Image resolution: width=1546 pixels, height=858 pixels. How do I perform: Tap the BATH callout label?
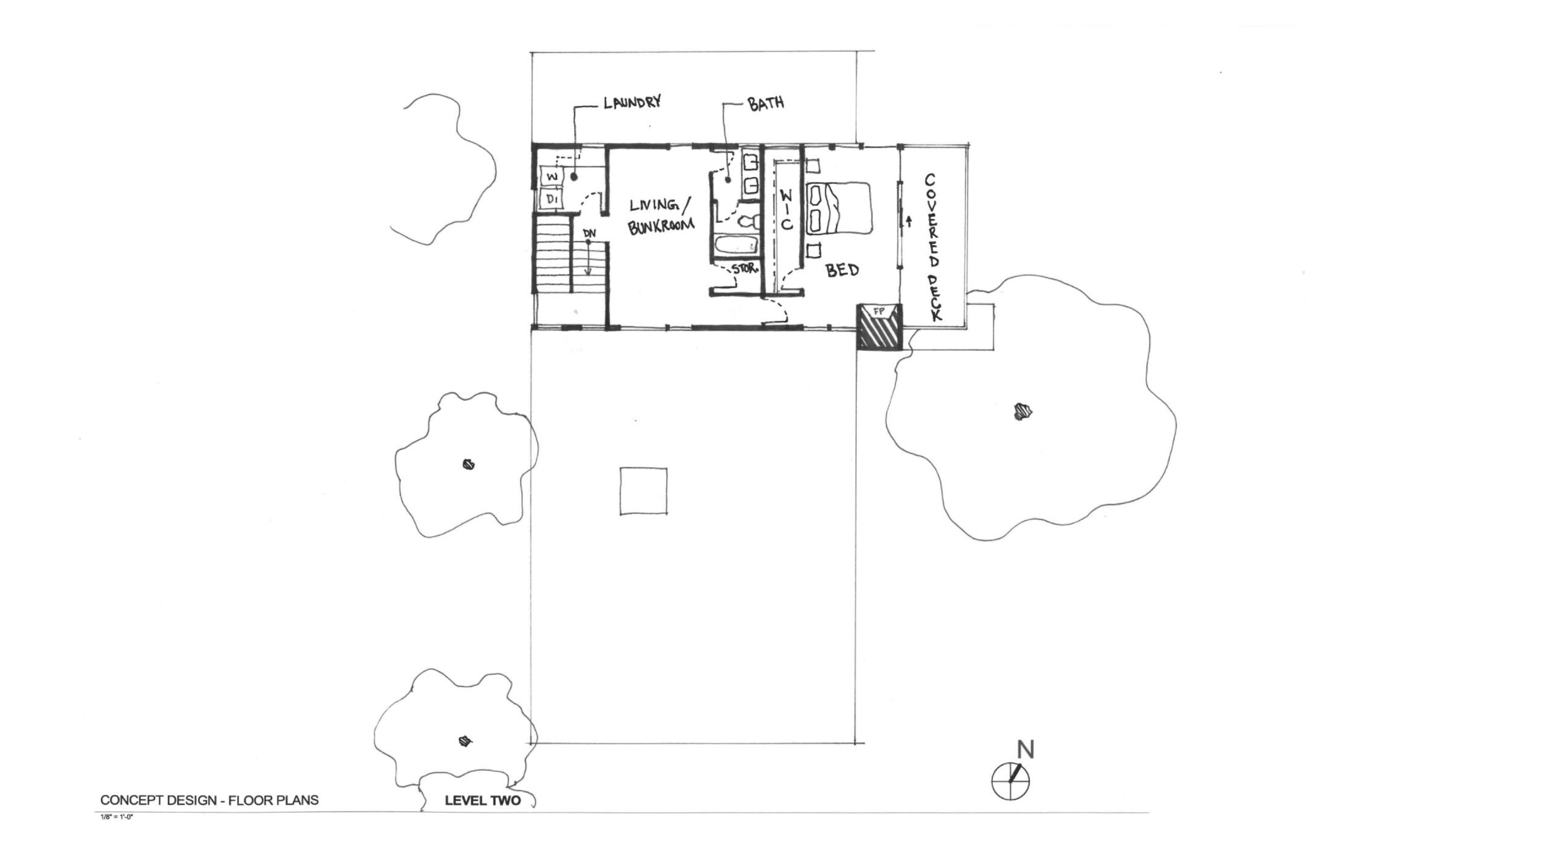[766, 103]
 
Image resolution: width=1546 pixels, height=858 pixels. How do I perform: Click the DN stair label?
[167, 232]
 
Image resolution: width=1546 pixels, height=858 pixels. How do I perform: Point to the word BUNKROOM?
[661, 226]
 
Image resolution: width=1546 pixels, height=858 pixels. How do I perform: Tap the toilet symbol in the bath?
[749, 222]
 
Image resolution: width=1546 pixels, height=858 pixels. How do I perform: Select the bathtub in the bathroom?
[736, 246]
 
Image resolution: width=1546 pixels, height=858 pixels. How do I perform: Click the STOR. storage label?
[745, 269]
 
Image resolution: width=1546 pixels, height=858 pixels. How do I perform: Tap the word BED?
[842, 270]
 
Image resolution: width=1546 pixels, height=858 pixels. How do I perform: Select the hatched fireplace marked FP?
[879, 327]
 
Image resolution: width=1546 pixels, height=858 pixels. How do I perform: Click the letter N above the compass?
[1025, 749]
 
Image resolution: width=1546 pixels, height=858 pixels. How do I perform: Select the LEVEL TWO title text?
[483, 818]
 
